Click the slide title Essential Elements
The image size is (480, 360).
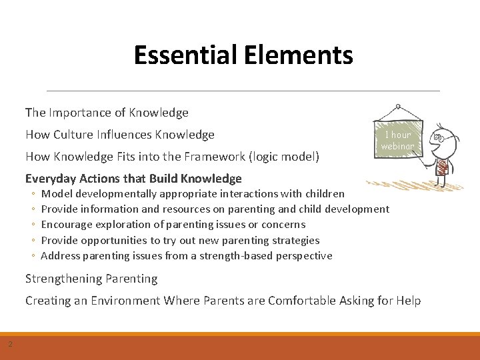point(243,55)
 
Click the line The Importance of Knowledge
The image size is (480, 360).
point(107,113)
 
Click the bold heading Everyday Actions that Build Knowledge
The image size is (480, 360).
point(133,178)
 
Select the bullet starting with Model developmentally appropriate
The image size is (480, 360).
point(193,193)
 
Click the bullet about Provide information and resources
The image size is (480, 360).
point(215,209)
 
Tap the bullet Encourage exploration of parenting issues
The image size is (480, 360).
point(173,225)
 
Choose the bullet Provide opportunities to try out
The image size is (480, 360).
point(180,240)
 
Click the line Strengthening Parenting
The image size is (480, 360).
point(91,279)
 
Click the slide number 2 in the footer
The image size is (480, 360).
point(11,344)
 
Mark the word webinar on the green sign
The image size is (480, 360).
point(398,145)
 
